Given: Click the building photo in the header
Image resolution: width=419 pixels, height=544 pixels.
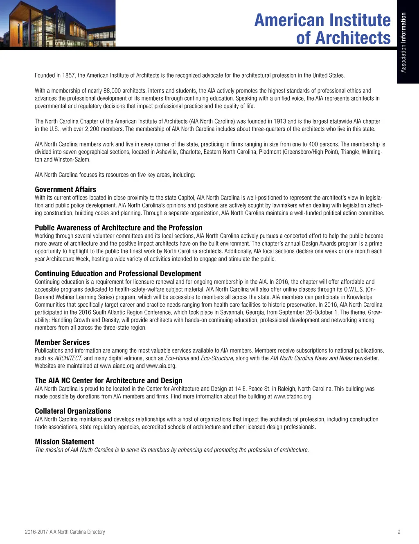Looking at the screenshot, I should click(x=58, y=23).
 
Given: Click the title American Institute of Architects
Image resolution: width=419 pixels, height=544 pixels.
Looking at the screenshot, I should click(x=322, y=29).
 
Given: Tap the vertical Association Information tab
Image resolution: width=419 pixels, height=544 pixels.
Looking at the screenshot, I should click(x=403, y=42).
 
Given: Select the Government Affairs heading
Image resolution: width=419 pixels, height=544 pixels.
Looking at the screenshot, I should click(x=65, y=189).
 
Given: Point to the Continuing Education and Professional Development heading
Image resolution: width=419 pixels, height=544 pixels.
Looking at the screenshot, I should click(x=118, y=274).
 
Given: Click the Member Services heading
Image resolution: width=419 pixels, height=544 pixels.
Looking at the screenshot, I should click(x=62, y=342).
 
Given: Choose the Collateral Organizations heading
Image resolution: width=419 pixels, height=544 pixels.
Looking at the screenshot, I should click(x=73, y=411).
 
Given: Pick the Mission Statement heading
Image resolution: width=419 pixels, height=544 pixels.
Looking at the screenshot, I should click(x=64, y=442).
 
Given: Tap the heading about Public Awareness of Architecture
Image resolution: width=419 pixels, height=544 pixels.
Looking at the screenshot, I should click(x=119, y=228).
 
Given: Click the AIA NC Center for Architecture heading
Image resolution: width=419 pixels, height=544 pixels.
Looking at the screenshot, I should click(x=108, y=380).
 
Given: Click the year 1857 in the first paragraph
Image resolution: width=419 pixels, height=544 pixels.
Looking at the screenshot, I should click(x=69, y=75).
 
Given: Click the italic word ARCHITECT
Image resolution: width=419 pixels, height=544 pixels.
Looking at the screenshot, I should click(x=68, y=358).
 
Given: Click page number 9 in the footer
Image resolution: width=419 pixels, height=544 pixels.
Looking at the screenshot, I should click(x=399, y=532).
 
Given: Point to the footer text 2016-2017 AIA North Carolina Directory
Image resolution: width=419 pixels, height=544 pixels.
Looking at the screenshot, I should click(x=65, y=532).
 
